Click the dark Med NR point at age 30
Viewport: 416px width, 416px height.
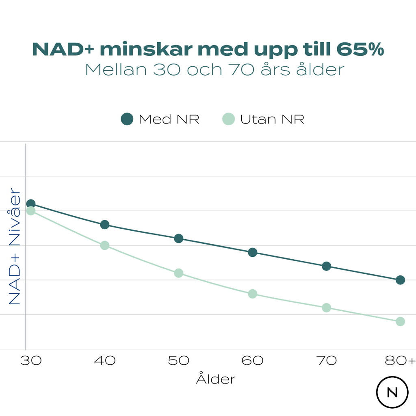tap(31, 204)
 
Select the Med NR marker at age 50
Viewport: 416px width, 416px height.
tap(179, 238)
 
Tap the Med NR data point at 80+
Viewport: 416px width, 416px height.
tap(400, 280)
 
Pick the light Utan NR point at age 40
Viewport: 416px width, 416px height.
tap(105, 245)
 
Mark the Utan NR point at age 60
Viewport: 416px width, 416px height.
tap(252, 294)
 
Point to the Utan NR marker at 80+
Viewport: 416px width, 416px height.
tap(400, 321)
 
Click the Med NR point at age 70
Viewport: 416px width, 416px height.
tap(326, 266)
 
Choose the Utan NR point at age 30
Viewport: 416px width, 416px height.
tap(31, 211)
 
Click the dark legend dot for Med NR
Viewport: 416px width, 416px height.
tap(127, 119)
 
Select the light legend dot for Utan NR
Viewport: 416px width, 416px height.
tap(229, 119)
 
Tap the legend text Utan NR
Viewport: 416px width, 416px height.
tap(272, 120)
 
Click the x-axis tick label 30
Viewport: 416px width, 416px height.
tap(31, 361)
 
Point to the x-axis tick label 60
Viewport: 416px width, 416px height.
tap(252, 361)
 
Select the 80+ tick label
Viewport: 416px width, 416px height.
tap(401, 361)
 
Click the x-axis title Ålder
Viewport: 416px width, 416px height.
tap(216, 379)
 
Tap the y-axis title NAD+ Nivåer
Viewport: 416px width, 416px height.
tap(15, 246)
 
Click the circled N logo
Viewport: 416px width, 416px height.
tap(392, 392)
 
